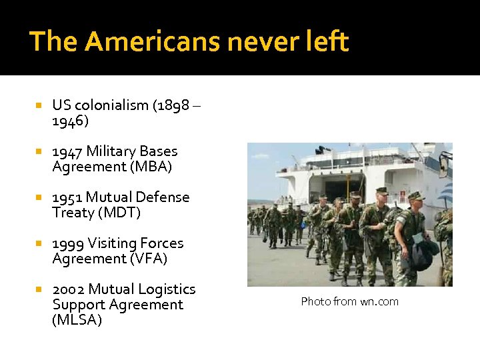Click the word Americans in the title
pyautogui.click(x=152, y=41)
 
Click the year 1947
pyautogui.click(x=67, y=151)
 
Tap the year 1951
pyautogui.click(x=67, y=197)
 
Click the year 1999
pyautogui.click(x=68, y=243)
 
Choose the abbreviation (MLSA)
pyautogui.click(x=77, y=320)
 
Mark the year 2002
pyautogui.click(x=68, y=289)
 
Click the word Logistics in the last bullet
pyautogui.click(x=167, y=289)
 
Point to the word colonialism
pyautogui.click(x=112, y=105)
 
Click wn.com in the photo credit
pyautogui.click(x=379, y=301)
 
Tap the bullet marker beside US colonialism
pyautogui.click(x=39, y=105)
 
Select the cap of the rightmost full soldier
pyautogui.click(x=416, y=196)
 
